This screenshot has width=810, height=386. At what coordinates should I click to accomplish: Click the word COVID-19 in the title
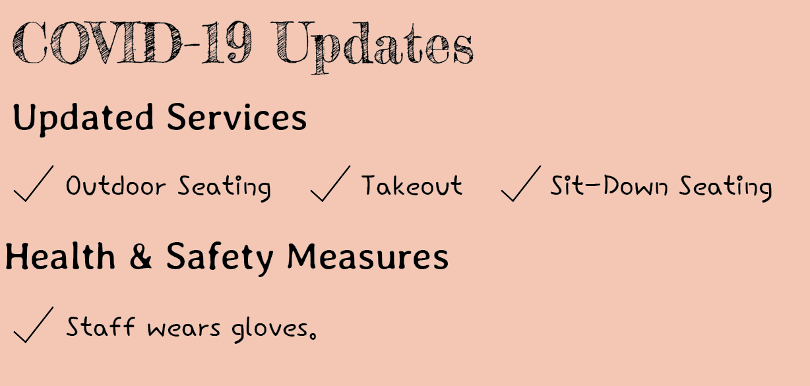coord(133,43)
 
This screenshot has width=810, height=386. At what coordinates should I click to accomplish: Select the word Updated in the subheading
coord(83,118)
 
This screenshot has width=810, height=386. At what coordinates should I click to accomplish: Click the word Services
coord(237,117)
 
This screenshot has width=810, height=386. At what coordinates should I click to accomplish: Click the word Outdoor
coord(115,185)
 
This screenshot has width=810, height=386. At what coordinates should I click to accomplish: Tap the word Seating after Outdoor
coord(224,187)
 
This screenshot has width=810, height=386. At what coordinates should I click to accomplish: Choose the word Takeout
coord(412,185)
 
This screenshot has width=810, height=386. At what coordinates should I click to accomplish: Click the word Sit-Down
coord(609,185)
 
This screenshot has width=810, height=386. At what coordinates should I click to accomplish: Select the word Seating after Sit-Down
coord(726,187)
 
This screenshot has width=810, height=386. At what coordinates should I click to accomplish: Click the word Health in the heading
coord(61,256)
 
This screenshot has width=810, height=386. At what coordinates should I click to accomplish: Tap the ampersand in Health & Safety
coord(140,256)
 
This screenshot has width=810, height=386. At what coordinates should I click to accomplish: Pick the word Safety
coord(220,257)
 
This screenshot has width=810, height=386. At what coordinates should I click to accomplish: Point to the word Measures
coord(368,257)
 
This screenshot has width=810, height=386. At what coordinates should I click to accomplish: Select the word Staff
coord(100,326)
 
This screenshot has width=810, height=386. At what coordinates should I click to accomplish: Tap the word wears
coord(183,329)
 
